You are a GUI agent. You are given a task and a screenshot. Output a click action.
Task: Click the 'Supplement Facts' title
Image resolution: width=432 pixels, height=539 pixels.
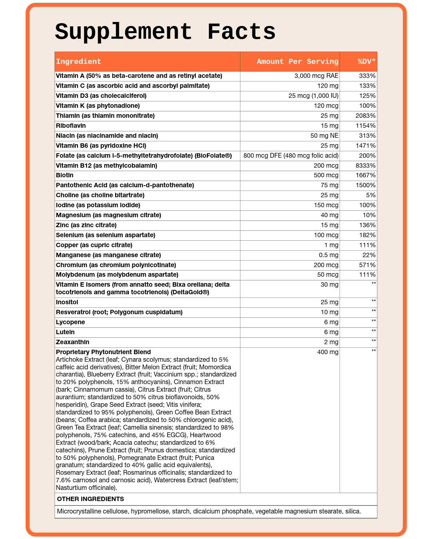click(165, 32)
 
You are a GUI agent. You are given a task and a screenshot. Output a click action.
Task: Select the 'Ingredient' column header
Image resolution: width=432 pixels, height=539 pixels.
click(78, 61)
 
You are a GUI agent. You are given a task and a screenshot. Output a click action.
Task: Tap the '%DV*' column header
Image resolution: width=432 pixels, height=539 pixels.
click(366, 61)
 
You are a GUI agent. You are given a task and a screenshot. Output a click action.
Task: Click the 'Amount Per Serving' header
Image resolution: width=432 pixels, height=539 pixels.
click(297, 61)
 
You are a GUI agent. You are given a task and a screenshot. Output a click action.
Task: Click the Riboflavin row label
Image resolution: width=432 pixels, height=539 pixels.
click(71, 126)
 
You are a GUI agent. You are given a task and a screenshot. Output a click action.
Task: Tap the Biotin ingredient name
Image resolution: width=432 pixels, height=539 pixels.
click(65, 175)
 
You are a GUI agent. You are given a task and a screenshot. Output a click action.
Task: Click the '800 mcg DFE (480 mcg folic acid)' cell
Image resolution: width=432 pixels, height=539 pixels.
click(291, 156)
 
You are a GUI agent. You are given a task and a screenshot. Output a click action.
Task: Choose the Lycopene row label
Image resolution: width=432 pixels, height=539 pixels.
click(70, 322)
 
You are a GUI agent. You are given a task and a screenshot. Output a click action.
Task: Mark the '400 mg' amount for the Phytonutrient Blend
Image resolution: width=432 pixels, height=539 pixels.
click(329, 352)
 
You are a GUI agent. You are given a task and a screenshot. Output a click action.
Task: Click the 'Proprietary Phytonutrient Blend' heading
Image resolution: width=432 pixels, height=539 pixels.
click(103, 352)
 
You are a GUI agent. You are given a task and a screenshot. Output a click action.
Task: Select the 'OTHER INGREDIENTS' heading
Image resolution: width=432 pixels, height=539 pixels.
click(90, 499)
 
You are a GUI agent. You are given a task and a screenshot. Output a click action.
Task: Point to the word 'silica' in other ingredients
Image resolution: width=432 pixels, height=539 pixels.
click(352, 511)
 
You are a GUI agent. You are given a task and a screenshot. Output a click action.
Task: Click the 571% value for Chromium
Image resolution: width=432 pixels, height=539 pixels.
click(367, 265)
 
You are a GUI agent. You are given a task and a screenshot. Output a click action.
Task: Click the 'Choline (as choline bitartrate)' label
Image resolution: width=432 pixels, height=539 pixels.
click(100, 195)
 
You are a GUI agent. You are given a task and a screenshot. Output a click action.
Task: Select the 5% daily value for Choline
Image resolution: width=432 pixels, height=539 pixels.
click(370, 195)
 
